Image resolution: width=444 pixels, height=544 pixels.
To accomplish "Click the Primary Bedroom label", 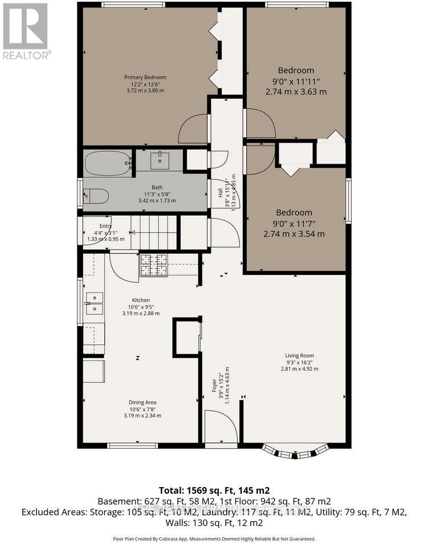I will point(145,78).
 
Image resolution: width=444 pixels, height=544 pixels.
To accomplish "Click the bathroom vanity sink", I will point(160,160).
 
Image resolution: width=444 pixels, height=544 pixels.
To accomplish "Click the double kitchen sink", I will point(93,303).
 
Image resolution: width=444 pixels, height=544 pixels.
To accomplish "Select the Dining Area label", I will point(142,402).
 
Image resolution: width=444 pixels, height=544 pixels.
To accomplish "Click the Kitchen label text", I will point(141,300).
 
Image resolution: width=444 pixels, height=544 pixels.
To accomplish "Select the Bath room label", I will point(157,187).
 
